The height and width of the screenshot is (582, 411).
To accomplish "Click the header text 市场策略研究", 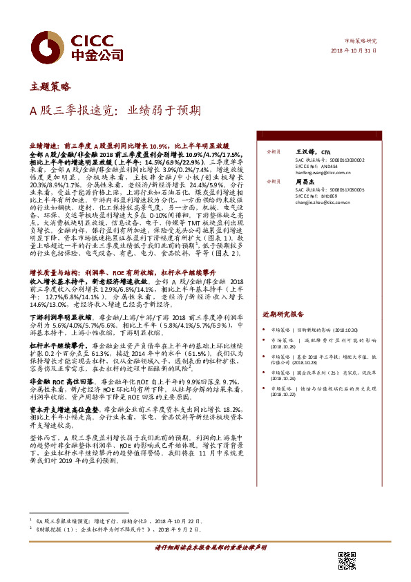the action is (365, 40).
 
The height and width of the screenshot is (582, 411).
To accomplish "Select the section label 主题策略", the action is (50, 86).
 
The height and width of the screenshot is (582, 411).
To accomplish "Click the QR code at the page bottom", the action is (347, 561).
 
